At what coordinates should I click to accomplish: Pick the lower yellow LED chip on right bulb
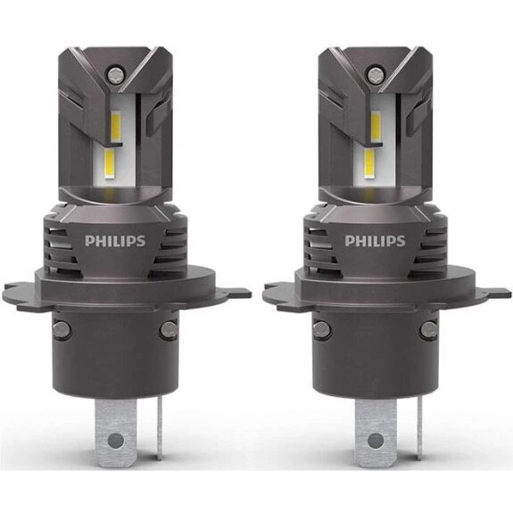tap(368, 162)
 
